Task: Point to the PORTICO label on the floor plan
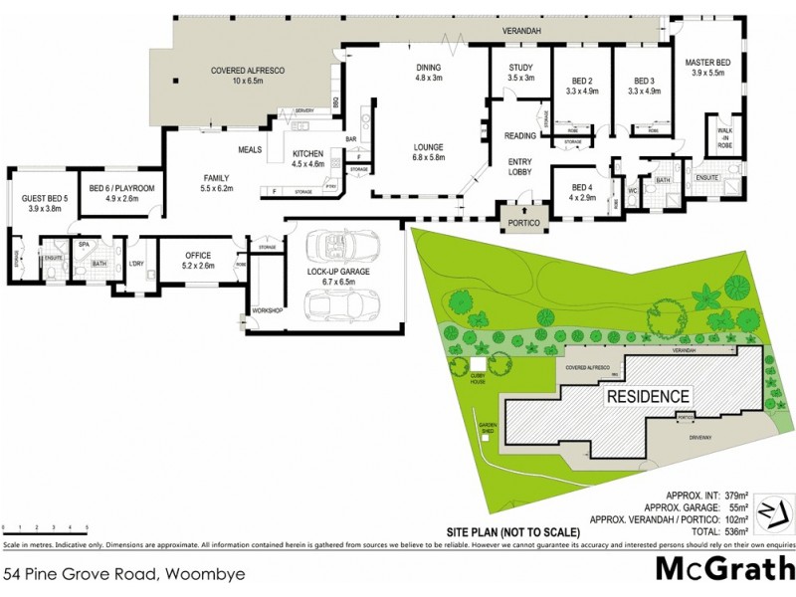522,223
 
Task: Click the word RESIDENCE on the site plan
649,396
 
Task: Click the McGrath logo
721,569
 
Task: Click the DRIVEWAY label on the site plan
701,436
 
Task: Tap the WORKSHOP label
268,310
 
